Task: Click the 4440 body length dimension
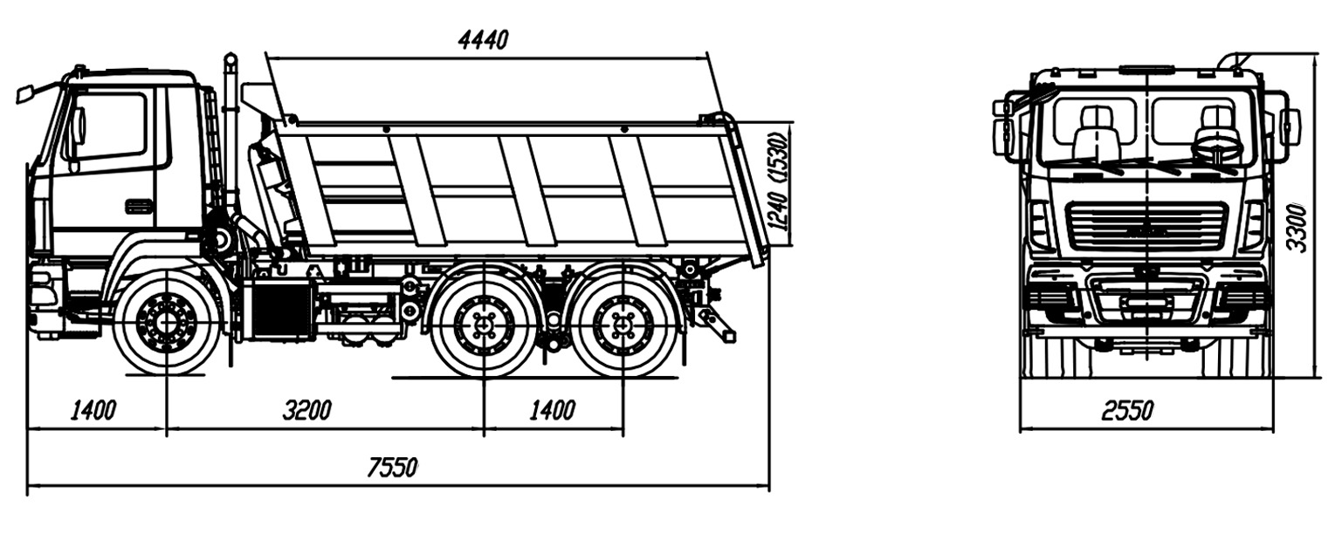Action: [483, 39]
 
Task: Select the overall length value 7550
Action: [392, 468]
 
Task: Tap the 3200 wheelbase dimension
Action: [306, 410]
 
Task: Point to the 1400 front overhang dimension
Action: [93, 410]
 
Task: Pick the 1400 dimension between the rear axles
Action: [551, 410]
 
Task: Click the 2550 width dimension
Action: [1126, 410]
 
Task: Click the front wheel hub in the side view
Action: [166, 323]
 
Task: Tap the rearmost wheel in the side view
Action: [623, 325]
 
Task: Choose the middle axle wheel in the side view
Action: [483, 325]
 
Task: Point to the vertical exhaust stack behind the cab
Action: [231, 131]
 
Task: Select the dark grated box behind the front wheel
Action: [279, 310]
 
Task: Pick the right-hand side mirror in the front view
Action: [1289, 126]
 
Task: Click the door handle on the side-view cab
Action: [139, 207]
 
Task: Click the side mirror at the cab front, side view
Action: [24, 92]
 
